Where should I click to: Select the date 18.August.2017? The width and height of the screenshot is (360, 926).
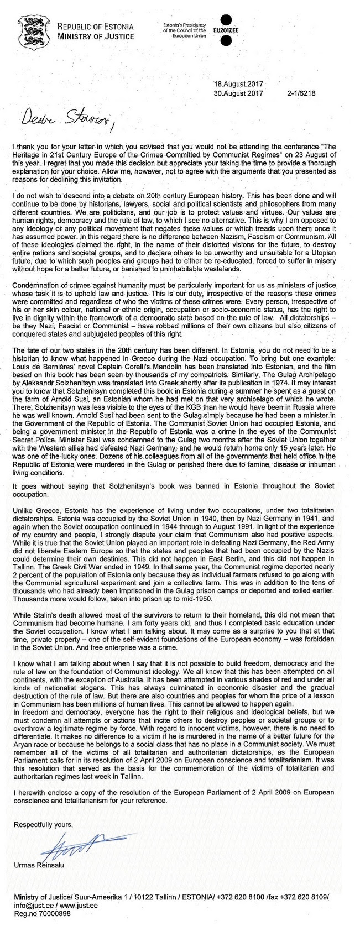pos(238,84)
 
